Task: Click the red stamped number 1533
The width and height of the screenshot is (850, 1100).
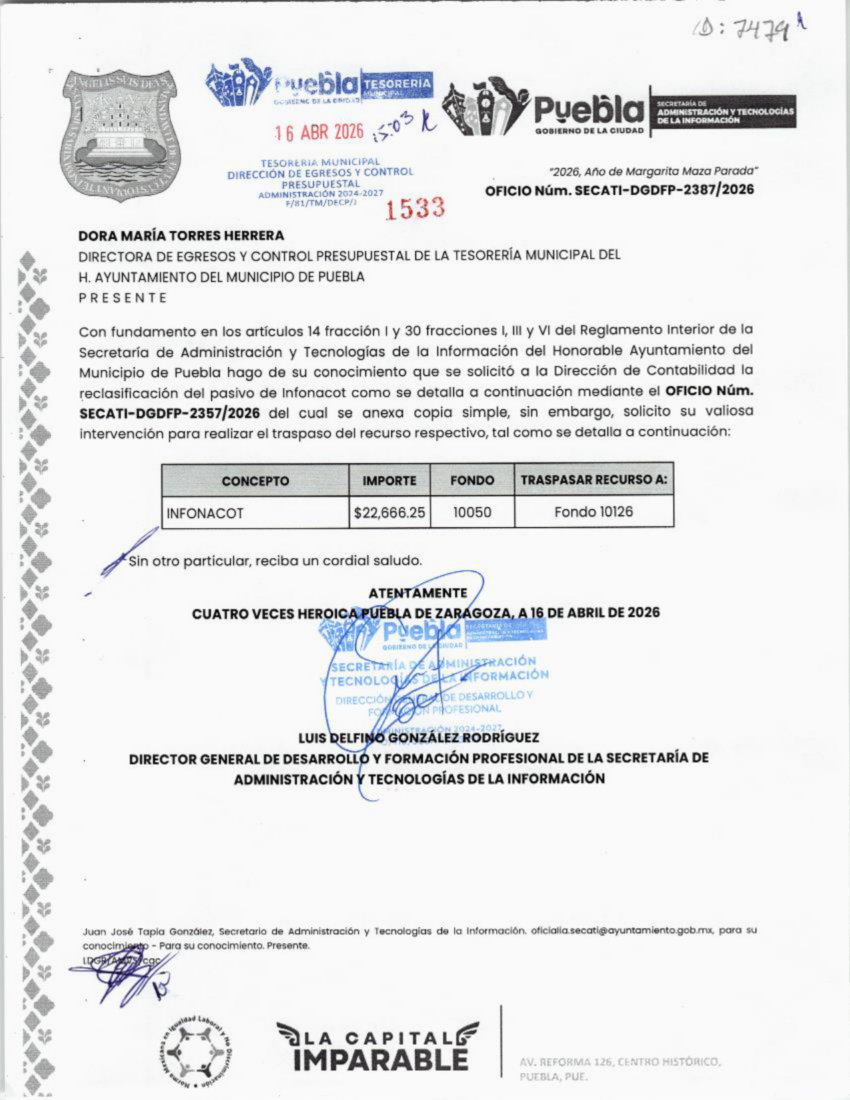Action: click(x=415, y=209)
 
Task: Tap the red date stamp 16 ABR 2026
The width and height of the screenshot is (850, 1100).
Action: click(x=319, y=132)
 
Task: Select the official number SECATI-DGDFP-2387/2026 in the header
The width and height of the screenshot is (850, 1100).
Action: click(x=619, y=190)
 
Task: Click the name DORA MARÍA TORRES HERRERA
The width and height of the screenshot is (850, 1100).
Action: click(x=181, y=235)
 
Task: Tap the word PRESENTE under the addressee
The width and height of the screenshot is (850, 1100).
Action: click(x=123, y=298)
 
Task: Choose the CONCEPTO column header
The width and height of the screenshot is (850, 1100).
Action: click(x=255, y=481)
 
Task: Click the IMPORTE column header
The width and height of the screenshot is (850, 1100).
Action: click(x=389, y=481)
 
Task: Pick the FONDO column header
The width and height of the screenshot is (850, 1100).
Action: click(x=472, y=480)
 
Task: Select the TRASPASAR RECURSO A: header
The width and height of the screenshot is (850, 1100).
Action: click(x=593, y=480)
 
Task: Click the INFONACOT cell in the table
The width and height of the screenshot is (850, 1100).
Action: click(x=205, y=513)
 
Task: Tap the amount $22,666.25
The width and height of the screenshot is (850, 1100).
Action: click(x=389, y=513)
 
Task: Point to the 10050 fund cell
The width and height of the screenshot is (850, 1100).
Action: click(x=472, y=513)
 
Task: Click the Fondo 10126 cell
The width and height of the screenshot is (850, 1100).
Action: click(x=593, y=512)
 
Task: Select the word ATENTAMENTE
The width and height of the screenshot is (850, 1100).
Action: click(x=418, y=593)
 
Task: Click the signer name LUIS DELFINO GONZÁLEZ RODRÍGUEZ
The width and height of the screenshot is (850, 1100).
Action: click(x=419, y=738)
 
